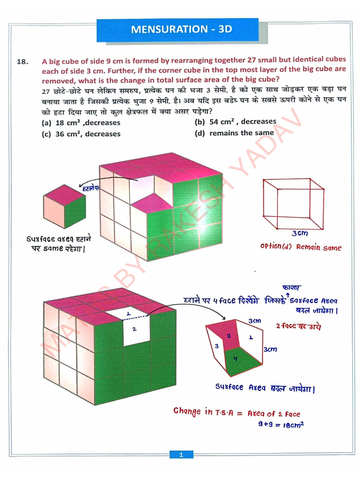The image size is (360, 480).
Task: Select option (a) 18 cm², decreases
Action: coord(81,123)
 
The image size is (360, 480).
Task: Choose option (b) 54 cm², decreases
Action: coord(235,121)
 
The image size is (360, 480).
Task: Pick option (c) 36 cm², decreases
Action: coord(81,134)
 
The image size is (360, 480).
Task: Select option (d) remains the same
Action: coord(234,133)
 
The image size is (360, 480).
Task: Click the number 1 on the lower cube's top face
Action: coord(128,313)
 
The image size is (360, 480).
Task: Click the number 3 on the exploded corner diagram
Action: coord(217,346)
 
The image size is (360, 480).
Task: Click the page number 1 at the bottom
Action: coord(180,455)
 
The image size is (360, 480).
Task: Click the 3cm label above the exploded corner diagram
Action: coord(255,321)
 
